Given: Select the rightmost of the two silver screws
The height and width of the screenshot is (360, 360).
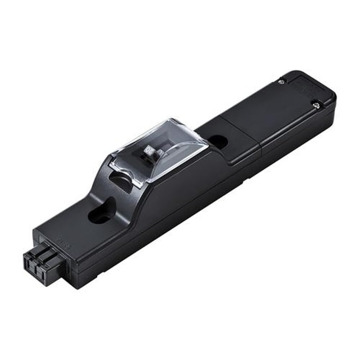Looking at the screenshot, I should [x=316, y=105].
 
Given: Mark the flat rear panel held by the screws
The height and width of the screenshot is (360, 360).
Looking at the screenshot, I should [x=265, y=112].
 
